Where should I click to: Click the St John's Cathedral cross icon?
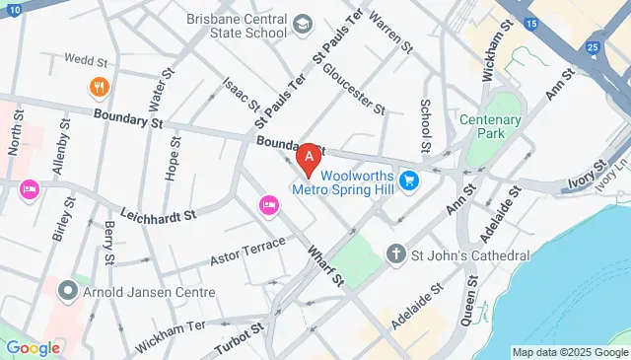[x=396, y=254]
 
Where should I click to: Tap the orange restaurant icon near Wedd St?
[x=99, y=86]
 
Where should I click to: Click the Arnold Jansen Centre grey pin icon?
[x=67, y=292]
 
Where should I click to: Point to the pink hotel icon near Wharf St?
[x=267, y=204]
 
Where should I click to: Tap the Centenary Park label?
[x=489, y=125]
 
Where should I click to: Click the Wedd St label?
[x=84, y=59]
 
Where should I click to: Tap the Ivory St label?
[x=589, y=181]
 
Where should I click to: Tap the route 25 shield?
[x=592, y=46]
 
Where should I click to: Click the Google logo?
[x=34, y=347]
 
